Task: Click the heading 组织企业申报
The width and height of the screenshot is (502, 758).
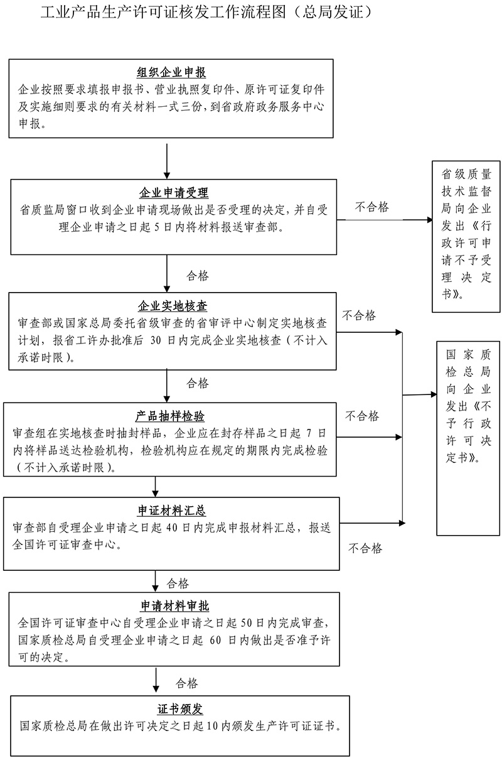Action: (x=171, y=72)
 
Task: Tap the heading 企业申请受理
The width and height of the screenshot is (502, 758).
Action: (x=173, y=193)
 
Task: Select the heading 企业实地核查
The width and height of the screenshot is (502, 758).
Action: (x=173, y=306)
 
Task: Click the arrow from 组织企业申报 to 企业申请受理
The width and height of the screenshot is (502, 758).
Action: (x=167, y=160)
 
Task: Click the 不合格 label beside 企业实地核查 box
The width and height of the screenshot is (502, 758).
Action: (x=359, y=315)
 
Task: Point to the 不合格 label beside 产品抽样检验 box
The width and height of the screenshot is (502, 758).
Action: (x=362, y=416)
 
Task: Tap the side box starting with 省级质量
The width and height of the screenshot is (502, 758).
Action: (x=466, y=236)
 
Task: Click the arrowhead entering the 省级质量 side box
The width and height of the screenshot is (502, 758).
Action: (x=429, y=220)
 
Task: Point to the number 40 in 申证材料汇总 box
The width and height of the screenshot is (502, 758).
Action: (x=174, y=527)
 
